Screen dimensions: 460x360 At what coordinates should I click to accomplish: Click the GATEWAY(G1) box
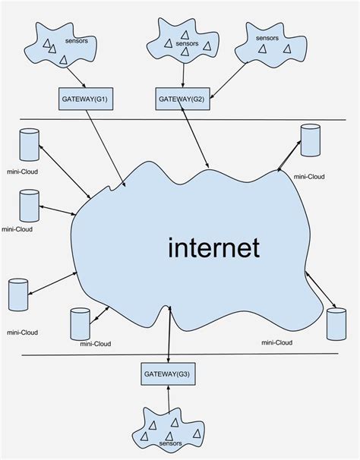86,98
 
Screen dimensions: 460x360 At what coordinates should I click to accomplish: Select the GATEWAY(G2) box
182,98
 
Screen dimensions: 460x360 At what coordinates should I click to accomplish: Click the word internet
213,247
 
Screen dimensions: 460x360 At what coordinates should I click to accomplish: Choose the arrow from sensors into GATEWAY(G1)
76,76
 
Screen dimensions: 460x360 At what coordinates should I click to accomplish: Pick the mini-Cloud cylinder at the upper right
309,140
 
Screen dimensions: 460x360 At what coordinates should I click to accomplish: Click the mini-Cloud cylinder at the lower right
332,323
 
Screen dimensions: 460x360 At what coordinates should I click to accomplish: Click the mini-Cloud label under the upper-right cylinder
309,176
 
